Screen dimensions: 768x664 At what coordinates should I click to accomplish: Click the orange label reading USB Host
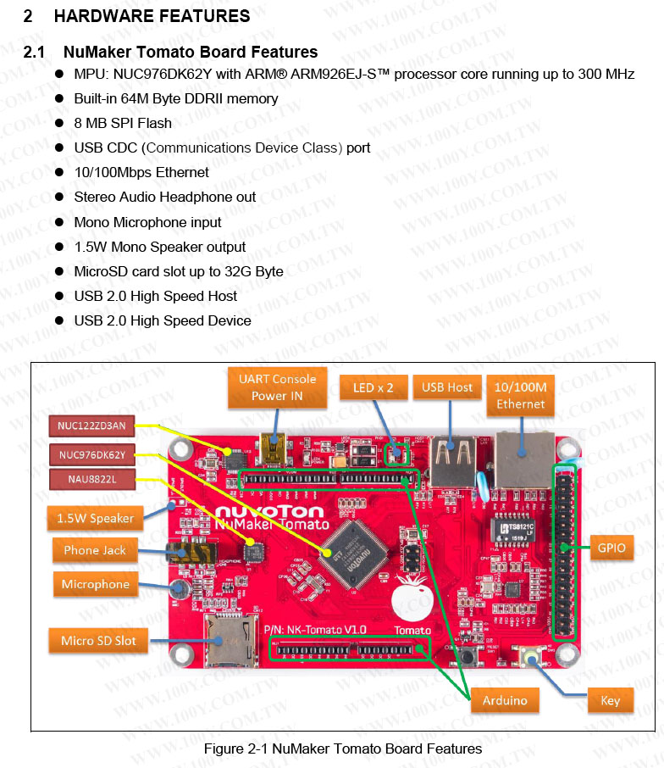click(x=447, y=387)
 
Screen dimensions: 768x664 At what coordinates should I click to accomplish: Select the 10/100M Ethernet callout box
click(x=520, y=395)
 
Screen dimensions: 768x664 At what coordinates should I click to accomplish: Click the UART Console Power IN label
click(x=277, y=387)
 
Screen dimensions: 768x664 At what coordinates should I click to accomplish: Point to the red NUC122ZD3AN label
click(x=91, y=426)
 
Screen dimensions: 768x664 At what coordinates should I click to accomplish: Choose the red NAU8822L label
click(x=91, y=480)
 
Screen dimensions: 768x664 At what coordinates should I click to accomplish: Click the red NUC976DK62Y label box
click(x=91, y=454)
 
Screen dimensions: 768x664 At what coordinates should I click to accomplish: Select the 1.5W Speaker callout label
click(x=95, y=518)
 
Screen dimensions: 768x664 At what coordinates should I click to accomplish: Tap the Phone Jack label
click(x=94, y=550)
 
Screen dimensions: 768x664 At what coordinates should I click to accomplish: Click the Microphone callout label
click(x=95, y=584)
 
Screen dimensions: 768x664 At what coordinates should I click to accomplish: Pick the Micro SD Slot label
click(x=97, y=640)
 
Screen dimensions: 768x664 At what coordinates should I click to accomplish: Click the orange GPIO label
click(x=611, y=548)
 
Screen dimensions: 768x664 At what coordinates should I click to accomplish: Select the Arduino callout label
click(x=505, y=700)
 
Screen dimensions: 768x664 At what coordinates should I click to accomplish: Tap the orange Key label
click(x=610, y=700)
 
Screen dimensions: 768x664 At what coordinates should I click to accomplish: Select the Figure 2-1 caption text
click(x=342, y=749)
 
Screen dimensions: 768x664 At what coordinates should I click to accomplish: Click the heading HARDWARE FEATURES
click(x=152, y=16)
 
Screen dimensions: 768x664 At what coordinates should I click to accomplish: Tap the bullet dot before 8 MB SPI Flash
click(x=60, y=123)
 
